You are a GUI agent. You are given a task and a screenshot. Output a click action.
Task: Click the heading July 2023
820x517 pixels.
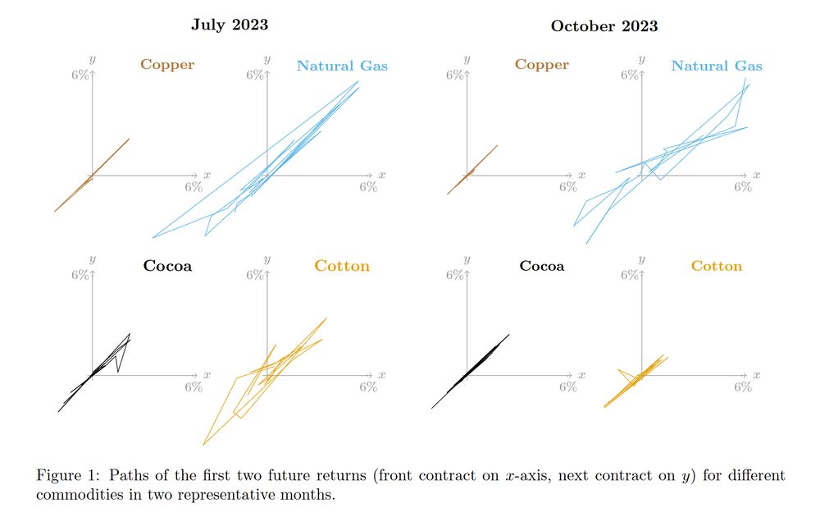click(x=230, y=25)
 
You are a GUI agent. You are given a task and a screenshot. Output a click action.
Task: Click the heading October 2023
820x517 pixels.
click(x=604, y=26)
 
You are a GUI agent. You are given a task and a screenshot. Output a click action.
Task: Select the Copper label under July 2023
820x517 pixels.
click(x=167, y=64)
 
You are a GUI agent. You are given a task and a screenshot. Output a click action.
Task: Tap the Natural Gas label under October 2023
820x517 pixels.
click(x=716, y=66)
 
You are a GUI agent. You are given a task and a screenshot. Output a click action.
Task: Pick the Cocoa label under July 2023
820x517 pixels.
click(x=167, y=266)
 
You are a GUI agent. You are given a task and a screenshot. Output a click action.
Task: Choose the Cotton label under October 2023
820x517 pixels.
click(x=716, y=266)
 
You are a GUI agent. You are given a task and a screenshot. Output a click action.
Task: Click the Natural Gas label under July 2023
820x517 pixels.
click(x=342, y=66)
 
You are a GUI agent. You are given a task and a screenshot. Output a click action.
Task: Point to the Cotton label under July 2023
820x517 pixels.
click(x=342, y=266)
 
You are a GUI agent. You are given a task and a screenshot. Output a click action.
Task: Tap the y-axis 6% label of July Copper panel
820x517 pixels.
click(x=80, y=75)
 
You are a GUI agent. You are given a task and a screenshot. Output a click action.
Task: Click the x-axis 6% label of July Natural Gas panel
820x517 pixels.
click(x=368, y=186)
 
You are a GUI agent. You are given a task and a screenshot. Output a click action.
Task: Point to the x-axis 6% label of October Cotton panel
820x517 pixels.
click(x=742, y=387)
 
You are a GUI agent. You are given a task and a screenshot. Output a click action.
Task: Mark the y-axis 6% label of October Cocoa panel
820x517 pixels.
click(x=455, y=275)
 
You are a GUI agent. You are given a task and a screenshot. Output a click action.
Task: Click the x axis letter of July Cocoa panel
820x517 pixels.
click(x=207, y=375)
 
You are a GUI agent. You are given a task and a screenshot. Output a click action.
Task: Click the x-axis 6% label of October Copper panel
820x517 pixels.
click(x=567, y=186)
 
